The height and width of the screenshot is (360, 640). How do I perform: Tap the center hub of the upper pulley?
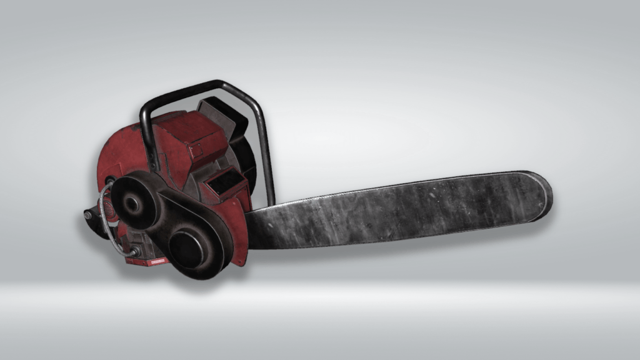coord(132,203)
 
